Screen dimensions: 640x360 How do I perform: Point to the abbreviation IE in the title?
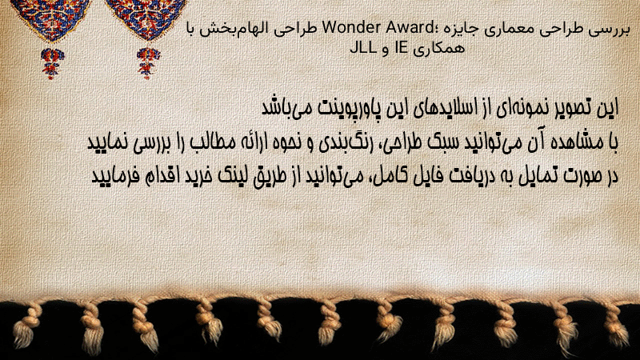pos(401,48)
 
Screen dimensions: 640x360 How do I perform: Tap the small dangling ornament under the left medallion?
pos(52,63)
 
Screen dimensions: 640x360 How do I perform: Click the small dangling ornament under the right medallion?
pos(148,63)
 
